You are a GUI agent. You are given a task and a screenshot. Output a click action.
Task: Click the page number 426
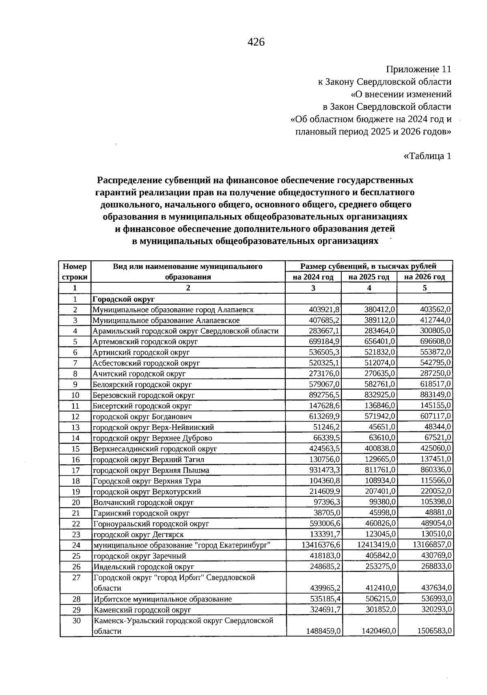pos(256,42)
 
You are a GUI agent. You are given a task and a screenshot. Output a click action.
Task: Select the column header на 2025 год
pos(368,277)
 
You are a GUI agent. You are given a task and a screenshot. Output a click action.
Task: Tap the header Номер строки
pos(75,272)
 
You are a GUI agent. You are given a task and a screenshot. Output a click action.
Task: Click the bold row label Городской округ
pos(124,299)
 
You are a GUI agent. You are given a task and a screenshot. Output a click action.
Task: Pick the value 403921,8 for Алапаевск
pos(324,310)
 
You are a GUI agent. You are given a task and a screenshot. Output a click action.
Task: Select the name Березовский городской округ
pos(144,395)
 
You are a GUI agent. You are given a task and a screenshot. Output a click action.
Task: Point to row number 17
pos(75,470)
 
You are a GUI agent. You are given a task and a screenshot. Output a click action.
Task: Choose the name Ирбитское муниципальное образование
pos(163,599)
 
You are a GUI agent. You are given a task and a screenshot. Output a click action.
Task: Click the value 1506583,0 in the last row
pos(434,631)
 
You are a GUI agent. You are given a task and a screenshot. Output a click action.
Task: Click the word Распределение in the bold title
pos(129,180)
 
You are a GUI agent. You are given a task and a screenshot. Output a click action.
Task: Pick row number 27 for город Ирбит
pos(76,578)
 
